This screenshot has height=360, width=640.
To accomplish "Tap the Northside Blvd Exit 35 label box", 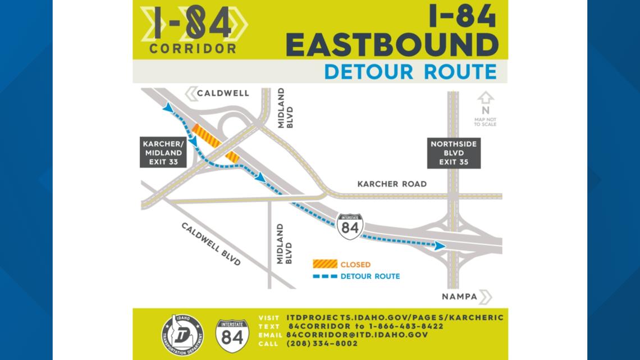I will [x=454, y=153].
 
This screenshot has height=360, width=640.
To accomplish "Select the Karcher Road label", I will [x=392, y=184].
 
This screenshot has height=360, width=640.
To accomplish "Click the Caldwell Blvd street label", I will [x=211, y=244].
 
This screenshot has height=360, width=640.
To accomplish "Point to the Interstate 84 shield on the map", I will [x=350, y=226].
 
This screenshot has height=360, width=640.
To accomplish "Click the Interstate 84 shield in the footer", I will [x=232, y=335].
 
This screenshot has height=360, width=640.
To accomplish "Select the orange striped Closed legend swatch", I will [x=325, y=264].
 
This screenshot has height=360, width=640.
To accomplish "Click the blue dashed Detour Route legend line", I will [x=325, y=276].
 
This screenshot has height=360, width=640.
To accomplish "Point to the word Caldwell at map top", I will [x=223, y=93].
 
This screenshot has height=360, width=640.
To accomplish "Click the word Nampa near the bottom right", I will [x=459, y=297].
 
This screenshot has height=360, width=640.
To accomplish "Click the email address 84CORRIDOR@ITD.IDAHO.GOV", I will [x=357, y=335].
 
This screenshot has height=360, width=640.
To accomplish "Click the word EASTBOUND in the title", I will [x=392, y=45].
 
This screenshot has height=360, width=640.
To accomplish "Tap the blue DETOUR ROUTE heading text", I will [x=410, y=72].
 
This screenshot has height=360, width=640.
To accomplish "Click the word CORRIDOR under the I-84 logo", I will [x=193, y=49].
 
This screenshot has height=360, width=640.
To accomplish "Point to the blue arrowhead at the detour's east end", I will [x=440, y=245].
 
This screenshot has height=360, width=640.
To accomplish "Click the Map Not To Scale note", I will [x=485, y=121].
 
